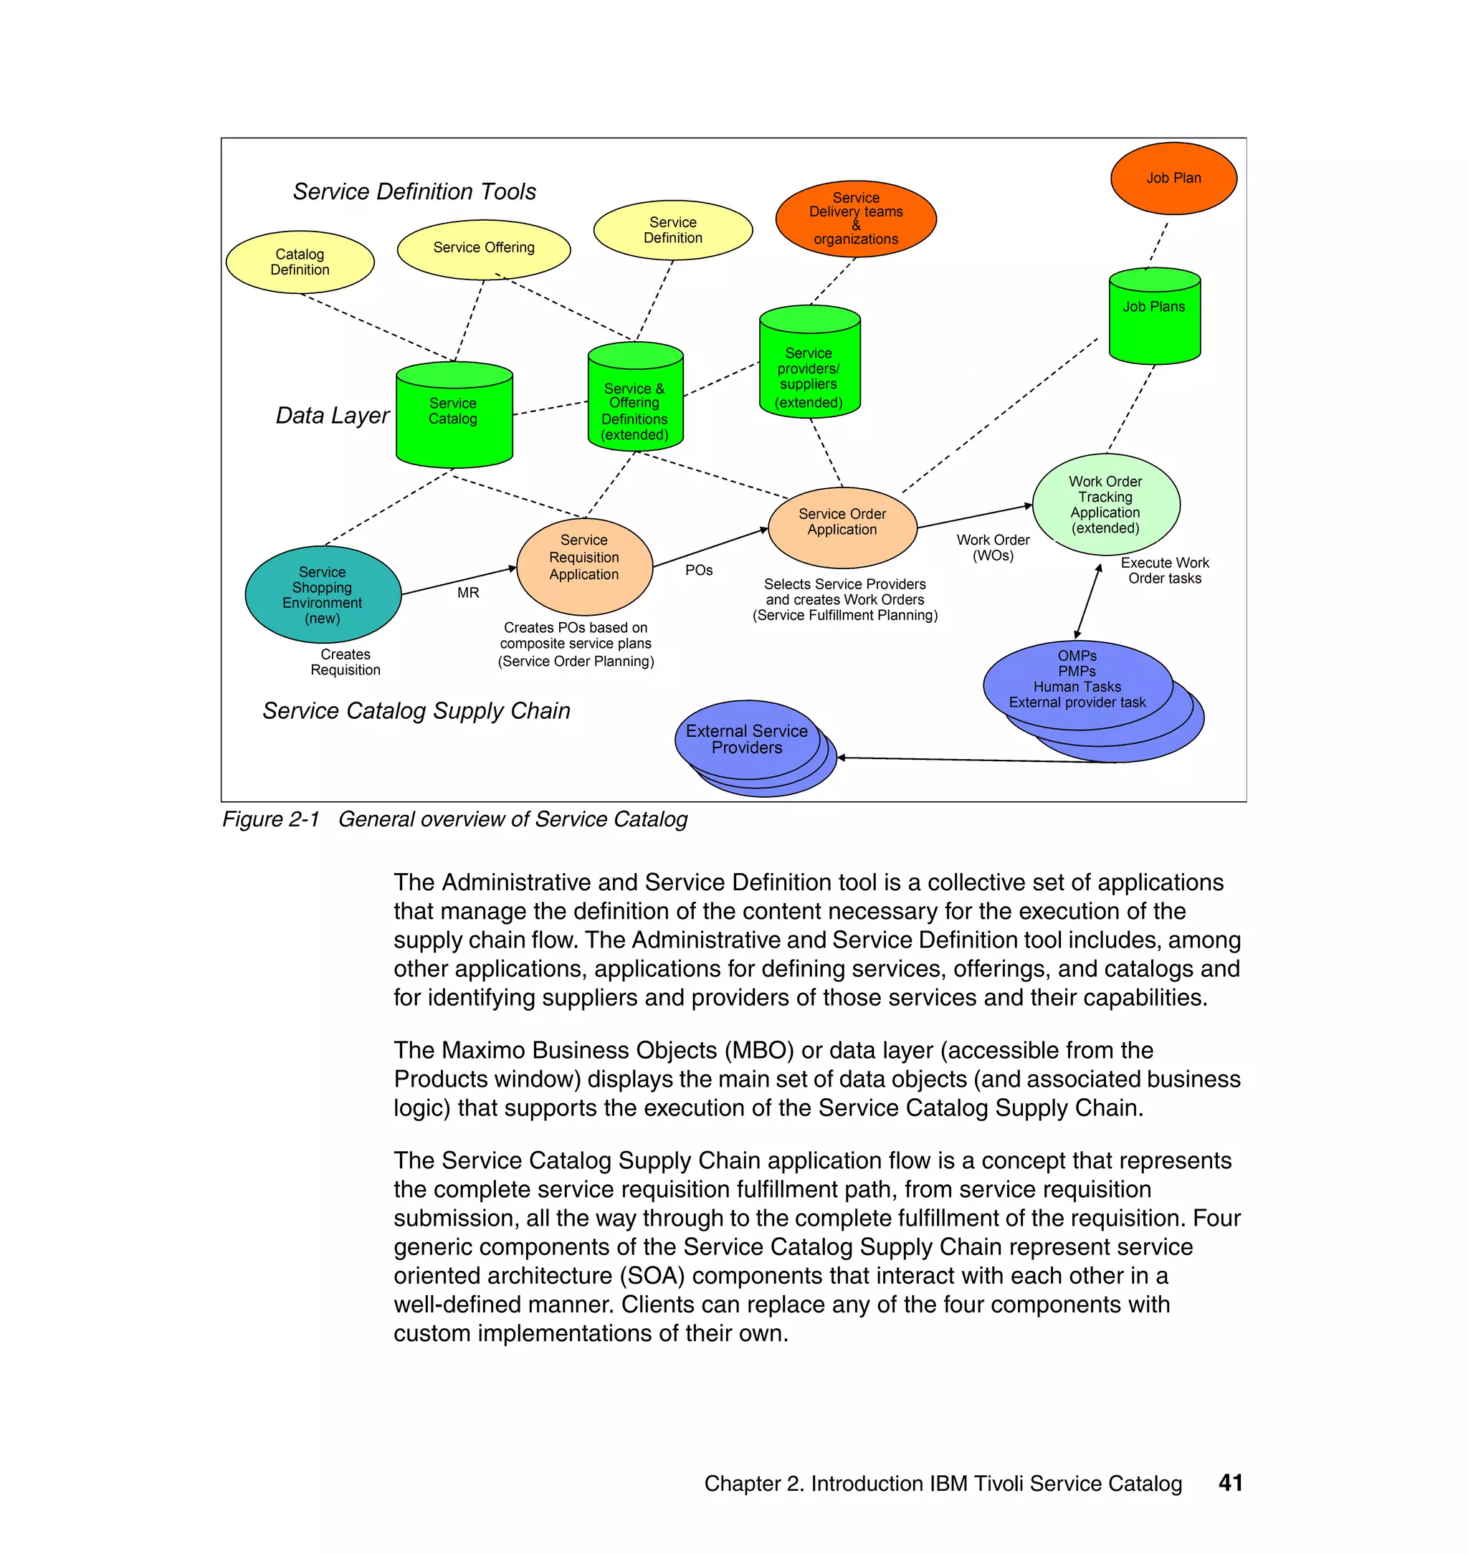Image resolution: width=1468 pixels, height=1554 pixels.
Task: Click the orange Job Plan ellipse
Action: coord(1173,178)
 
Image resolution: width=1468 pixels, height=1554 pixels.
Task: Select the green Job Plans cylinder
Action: coord(1154,317)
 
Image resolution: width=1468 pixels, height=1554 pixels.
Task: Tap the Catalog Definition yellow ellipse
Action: coord(300,262)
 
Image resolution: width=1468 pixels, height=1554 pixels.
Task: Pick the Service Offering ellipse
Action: coord(484,248)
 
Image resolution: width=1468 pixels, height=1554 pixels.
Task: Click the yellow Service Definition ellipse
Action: coord(673,230)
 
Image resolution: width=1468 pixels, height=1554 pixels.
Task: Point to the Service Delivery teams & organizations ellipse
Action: coord(855,219)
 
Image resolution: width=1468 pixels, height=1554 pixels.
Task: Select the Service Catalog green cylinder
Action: coord(454,415)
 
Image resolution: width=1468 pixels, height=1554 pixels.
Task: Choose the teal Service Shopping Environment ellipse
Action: coord(323,595)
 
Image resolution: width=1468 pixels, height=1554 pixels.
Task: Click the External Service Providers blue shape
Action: coord(746,740)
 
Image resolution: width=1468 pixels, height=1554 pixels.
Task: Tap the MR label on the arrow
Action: coord(468,593)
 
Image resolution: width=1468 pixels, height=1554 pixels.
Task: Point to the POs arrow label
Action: coord(699,571)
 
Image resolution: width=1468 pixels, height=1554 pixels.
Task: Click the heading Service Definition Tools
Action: coord(414,191)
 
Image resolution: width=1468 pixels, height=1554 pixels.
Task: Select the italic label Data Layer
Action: coord(332,416)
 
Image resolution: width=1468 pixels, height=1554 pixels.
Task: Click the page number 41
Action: coord(1230,1483)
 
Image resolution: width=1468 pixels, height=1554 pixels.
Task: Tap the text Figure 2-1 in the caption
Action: coord(271,819)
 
